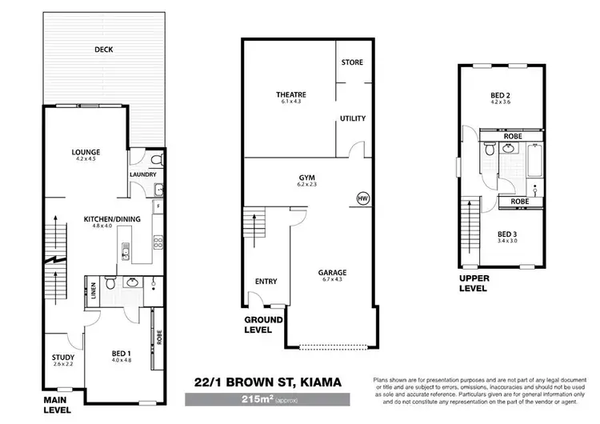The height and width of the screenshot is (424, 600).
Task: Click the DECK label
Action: [x=103, y=50]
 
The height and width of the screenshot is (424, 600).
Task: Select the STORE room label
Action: [x=352, y=62]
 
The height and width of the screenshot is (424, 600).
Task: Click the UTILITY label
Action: [x=352, y=118]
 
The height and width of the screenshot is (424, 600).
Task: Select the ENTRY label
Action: [x=266, y=281]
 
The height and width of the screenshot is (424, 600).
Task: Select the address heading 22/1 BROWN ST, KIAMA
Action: [x=263, y=382]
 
